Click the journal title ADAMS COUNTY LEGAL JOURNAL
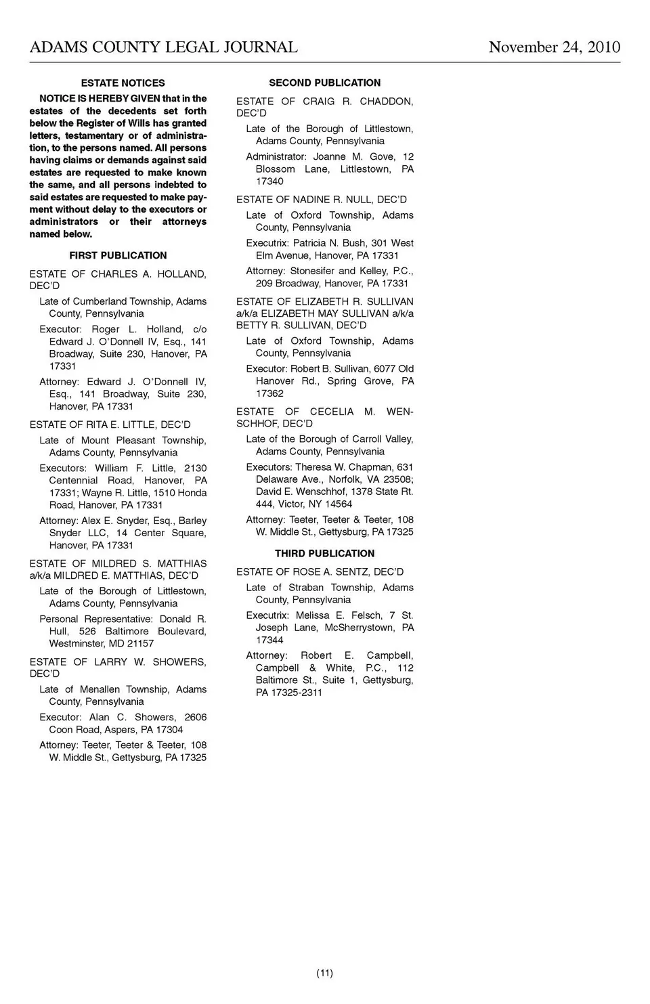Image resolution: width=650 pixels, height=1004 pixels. point(163,47)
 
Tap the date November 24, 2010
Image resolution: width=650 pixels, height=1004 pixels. point(554,47)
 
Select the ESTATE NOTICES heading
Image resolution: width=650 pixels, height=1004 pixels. point(123,83)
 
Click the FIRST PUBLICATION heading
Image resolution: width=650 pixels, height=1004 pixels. point(118,255)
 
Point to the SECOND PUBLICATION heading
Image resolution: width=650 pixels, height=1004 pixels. point(324,83)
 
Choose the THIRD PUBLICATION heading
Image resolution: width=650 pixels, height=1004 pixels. point(324,553)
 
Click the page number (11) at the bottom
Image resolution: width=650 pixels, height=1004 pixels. point(324,973)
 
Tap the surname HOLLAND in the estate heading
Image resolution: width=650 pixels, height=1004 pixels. point(181,274)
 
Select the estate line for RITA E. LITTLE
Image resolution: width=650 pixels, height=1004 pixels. point(110,424)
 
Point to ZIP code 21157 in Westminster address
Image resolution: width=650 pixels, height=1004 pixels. point(140,643)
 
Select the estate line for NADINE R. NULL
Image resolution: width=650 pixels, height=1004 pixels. point(322,200)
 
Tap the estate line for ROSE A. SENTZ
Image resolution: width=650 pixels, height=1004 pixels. point(320,572)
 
